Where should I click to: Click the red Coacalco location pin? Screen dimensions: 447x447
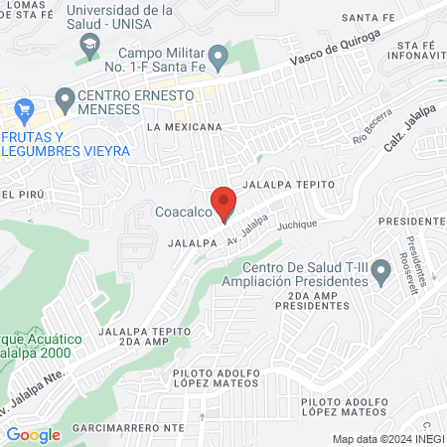tap(223, 203)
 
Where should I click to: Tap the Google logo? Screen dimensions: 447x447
tap(33, 434)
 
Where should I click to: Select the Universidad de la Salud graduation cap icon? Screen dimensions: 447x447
tap(90, 45)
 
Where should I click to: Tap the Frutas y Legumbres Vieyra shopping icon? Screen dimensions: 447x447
tap(25, 108)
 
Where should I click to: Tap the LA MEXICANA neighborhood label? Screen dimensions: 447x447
tap(184, 128)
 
